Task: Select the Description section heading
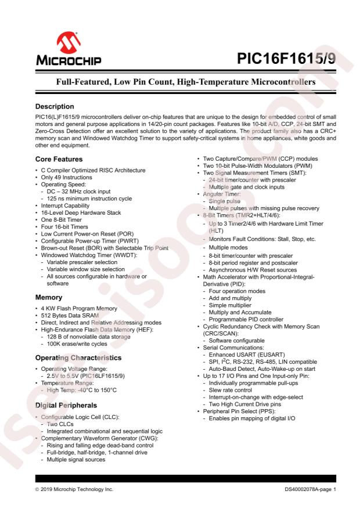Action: click(x=55, y=107)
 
